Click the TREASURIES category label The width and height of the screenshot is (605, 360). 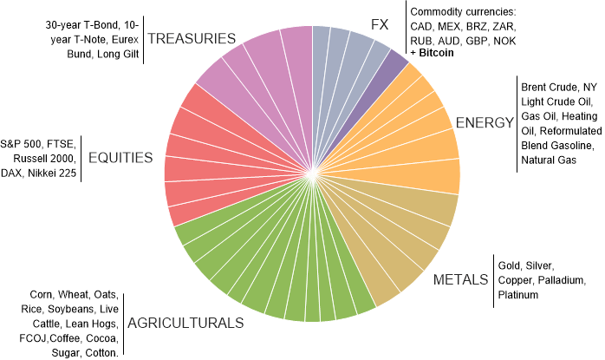[192, 38]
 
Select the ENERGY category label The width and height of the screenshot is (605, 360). [485, 122]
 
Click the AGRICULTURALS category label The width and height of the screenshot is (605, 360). [185, 323]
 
